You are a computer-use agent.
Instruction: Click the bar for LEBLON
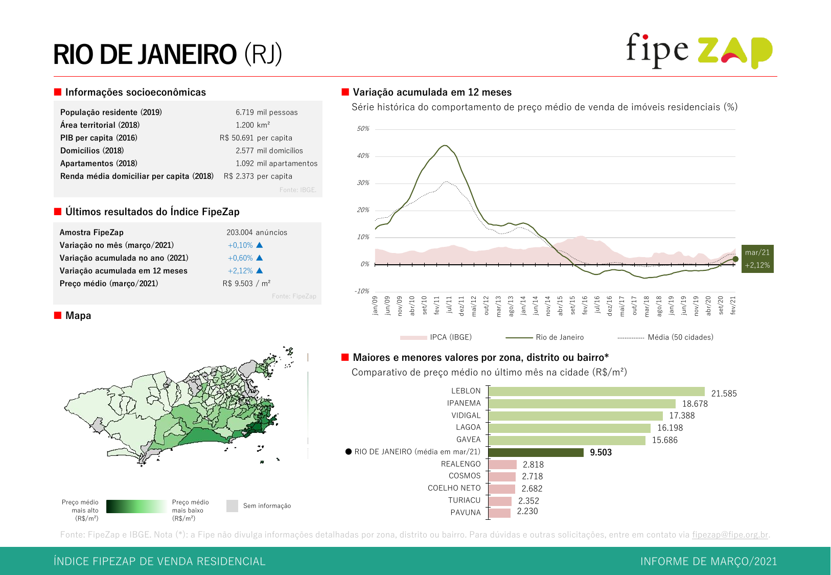[596, 392]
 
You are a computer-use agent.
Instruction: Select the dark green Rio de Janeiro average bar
[536, 452]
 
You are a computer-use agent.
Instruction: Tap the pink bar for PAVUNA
[499, 513]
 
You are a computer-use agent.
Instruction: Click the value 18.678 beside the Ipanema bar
[695, 404]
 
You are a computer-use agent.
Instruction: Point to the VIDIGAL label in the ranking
[466, 416]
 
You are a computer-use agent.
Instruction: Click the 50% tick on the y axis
[363, 129]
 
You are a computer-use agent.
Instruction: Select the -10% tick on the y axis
[362, 291]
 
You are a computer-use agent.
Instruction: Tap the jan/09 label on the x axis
[375, 305]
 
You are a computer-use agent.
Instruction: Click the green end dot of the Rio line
[735, 259]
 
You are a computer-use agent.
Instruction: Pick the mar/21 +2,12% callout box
[757, 259]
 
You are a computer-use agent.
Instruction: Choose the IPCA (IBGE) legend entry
[436, 337]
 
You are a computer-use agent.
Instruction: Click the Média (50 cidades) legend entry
[665, 337]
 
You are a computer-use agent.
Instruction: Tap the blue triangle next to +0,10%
[260, 245]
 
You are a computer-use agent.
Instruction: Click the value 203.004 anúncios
[257, 233]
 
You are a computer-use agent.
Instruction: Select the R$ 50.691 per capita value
[256, 138]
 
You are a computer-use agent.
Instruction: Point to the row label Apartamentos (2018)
[99, 164]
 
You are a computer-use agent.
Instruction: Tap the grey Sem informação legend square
[232, 506]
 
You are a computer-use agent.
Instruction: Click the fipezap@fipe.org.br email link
[730, 535]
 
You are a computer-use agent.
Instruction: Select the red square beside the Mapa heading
[58, 315]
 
